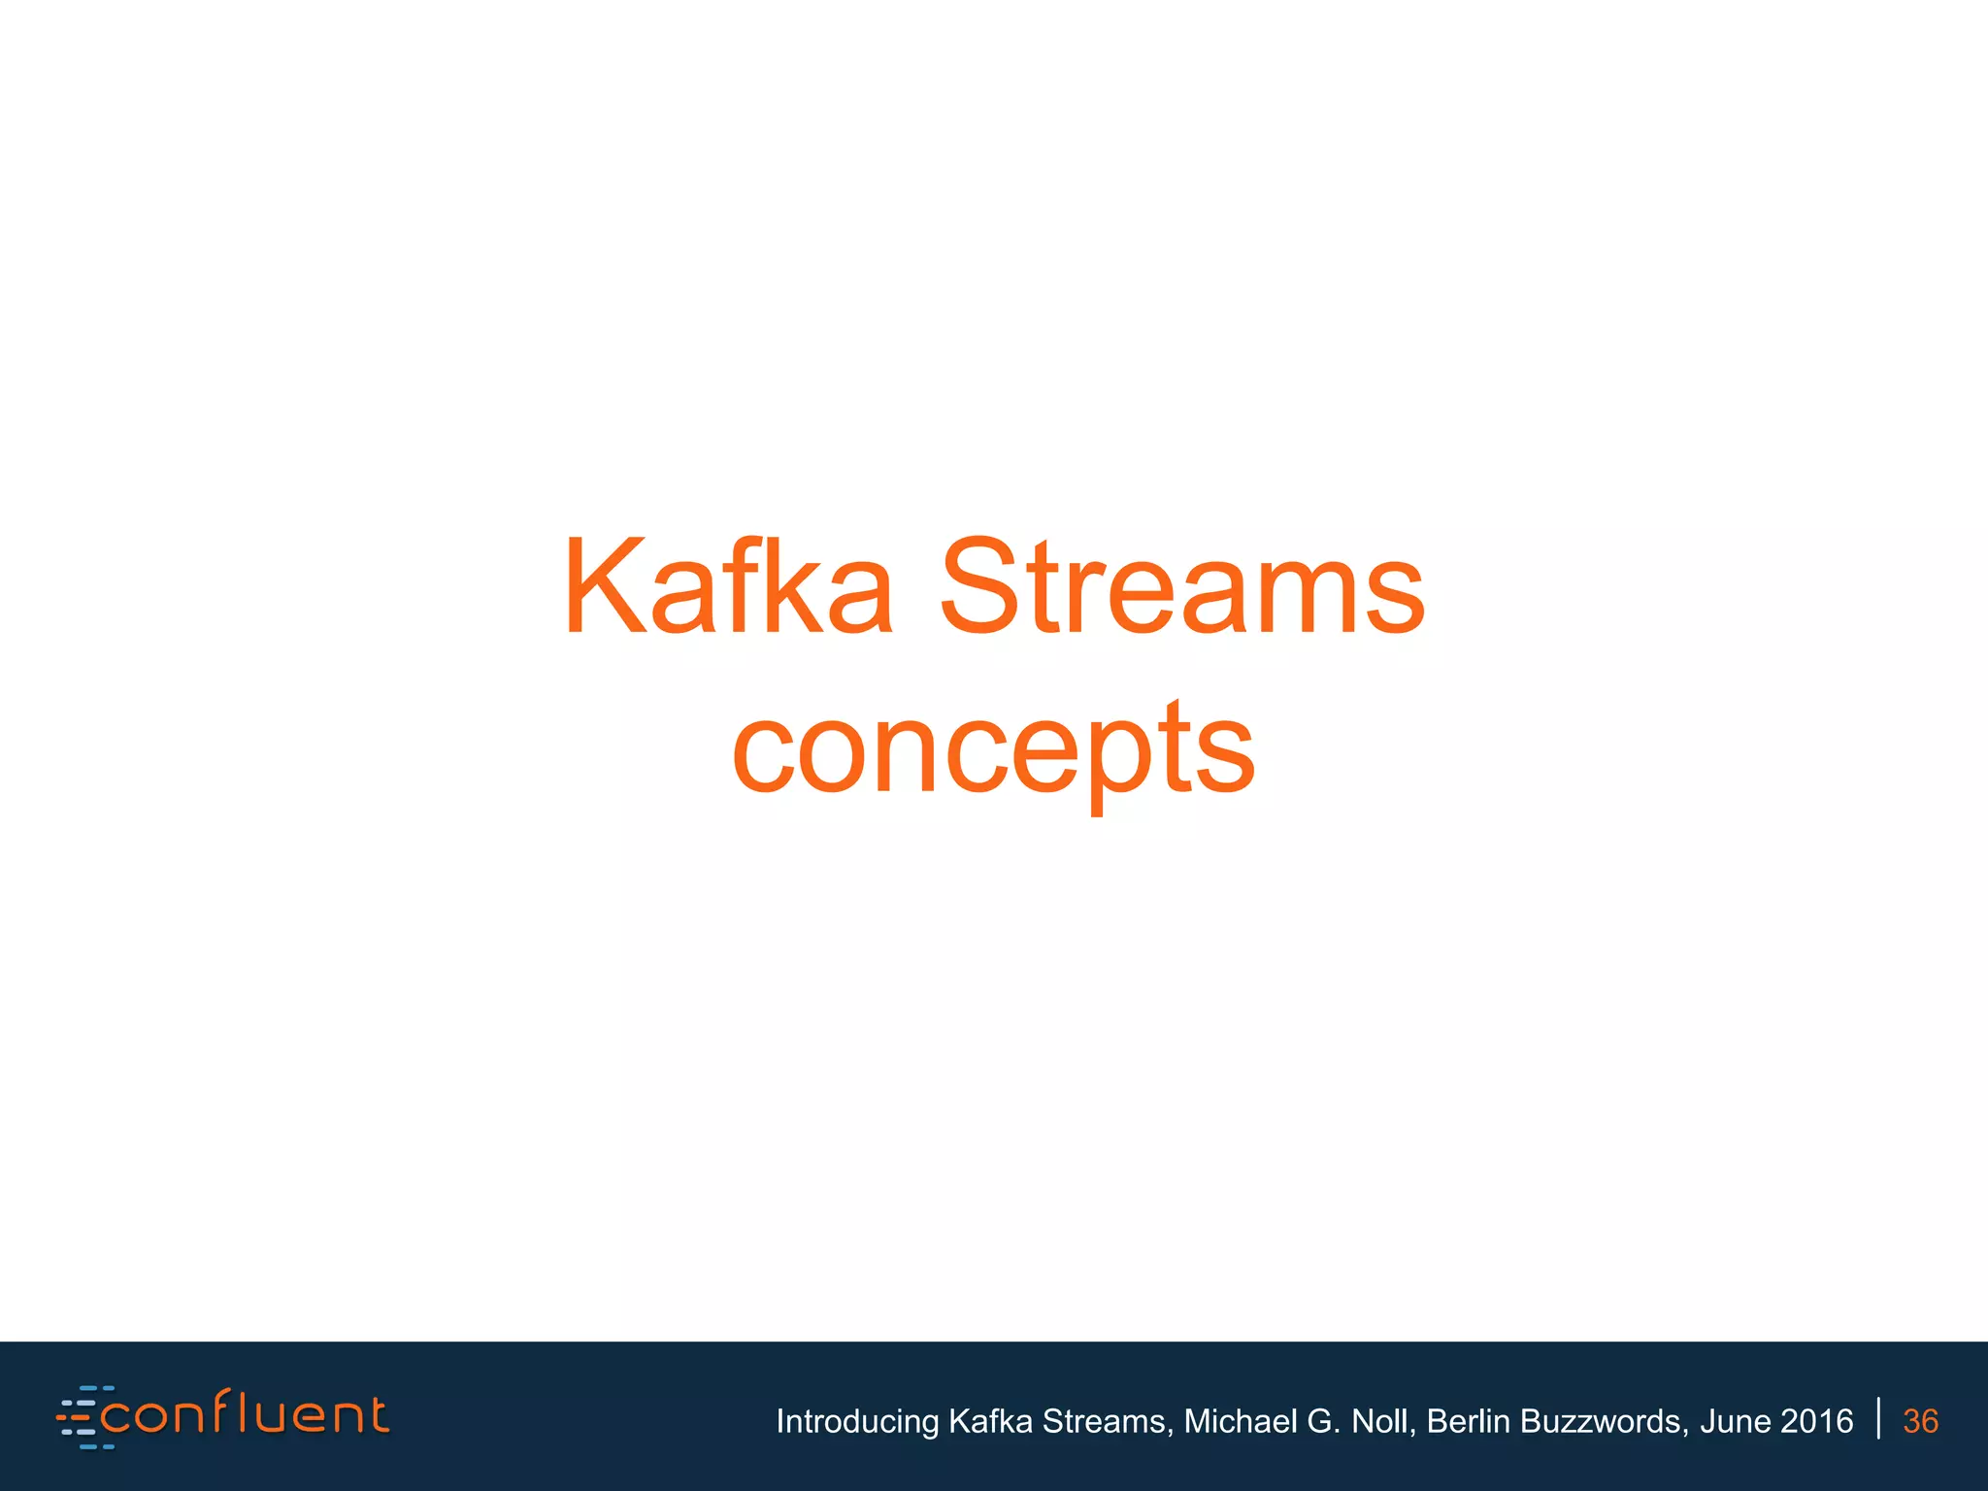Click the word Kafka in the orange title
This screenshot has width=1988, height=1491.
point(728,588)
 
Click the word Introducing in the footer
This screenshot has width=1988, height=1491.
point(857,1421)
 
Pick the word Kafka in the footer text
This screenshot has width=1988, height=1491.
point(989,1421)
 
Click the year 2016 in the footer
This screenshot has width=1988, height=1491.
point(1817,1421)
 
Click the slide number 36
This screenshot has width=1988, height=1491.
point(1920,1421)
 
